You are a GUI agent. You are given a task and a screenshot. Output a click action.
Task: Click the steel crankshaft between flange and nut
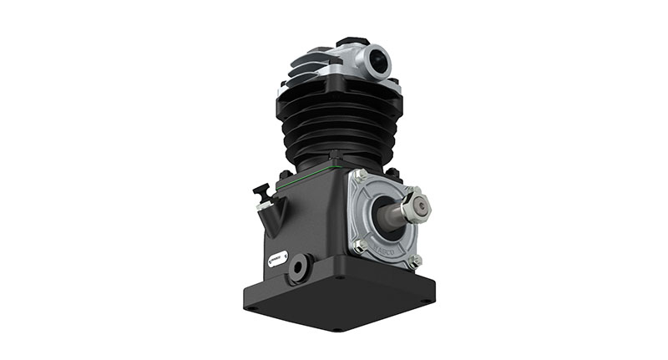click(392, 214)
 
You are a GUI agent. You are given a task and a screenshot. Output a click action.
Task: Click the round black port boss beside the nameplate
click(298, 268)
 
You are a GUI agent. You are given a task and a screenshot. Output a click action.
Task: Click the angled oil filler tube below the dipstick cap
click(271, 219)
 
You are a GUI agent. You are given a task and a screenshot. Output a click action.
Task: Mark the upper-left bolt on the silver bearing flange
click(358, 176)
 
